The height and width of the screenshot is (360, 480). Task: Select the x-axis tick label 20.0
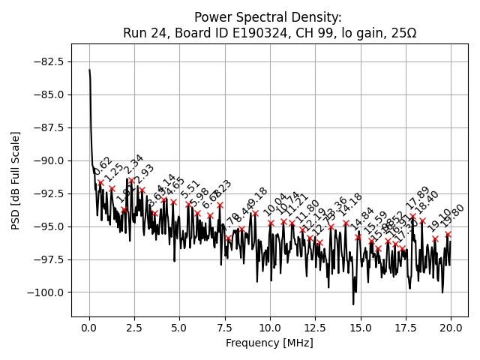coord(451,328)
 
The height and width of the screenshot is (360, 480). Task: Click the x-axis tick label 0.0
coord(89,328)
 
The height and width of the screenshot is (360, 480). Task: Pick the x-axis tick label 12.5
coord(315,328)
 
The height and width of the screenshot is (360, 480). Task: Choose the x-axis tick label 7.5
coord(225,328)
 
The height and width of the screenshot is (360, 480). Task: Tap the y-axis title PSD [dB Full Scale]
coord(16,180)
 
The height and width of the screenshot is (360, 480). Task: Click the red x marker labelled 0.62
coord(100,182)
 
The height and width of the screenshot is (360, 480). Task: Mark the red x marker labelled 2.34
coord(131,180)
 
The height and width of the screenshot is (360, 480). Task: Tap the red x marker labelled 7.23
coord(220,205)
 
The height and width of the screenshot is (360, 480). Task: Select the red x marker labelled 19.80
coord(448,234)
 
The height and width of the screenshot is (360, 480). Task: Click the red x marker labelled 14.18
coord(346,223)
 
